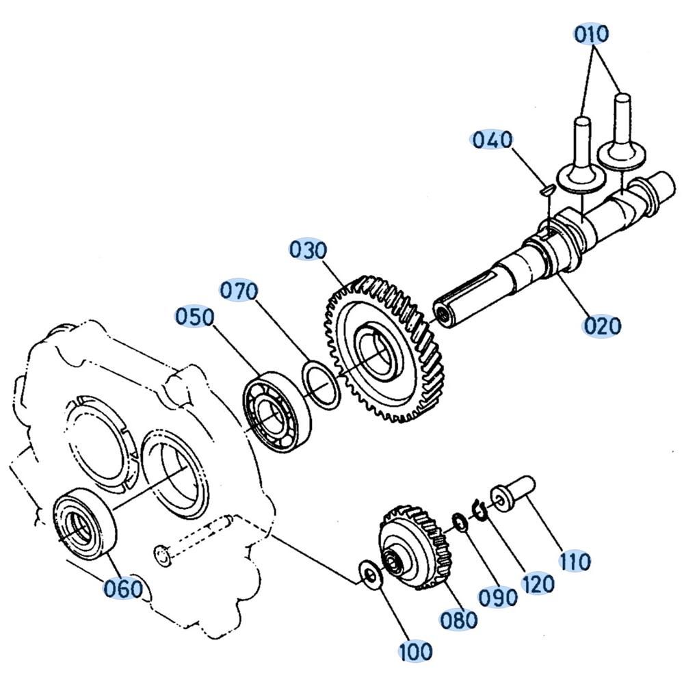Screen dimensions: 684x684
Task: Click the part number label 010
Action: click(591, 34)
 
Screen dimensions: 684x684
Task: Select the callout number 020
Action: click(602, 326)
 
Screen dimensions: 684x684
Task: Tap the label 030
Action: click(308, 250)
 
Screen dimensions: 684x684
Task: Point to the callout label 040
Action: click(492, 140)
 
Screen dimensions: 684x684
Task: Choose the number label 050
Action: click(195, 317)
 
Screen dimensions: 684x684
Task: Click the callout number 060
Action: click(123, 589)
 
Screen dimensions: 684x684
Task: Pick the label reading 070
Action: click(239, 291)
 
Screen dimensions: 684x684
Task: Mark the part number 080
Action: click(459, 620)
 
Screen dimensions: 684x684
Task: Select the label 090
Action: click(498, 597)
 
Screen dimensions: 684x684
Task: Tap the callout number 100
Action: click(416, 652)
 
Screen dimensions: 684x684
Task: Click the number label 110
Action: click(575, 561)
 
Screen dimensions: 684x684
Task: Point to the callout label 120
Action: click(538, 583)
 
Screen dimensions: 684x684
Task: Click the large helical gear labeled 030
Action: click(384, 349)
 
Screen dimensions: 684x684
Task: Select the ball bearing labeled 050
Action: click(276, 412)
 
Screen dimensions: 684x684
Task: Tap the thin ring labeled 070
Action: click(321, 384)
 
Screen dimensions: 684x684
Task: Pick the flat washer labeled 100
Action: click(371, 576)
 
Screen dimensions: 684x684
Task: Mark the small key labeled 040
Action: click(547, 189)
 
